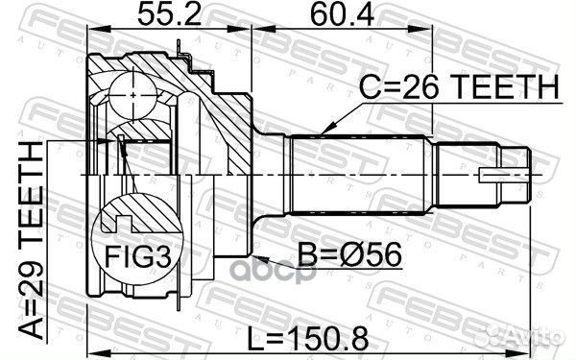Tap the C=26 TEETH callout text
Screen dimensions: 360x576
[x=458, y=88]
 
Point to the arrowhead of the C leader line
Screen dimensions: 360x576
[x=325, y=131]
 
